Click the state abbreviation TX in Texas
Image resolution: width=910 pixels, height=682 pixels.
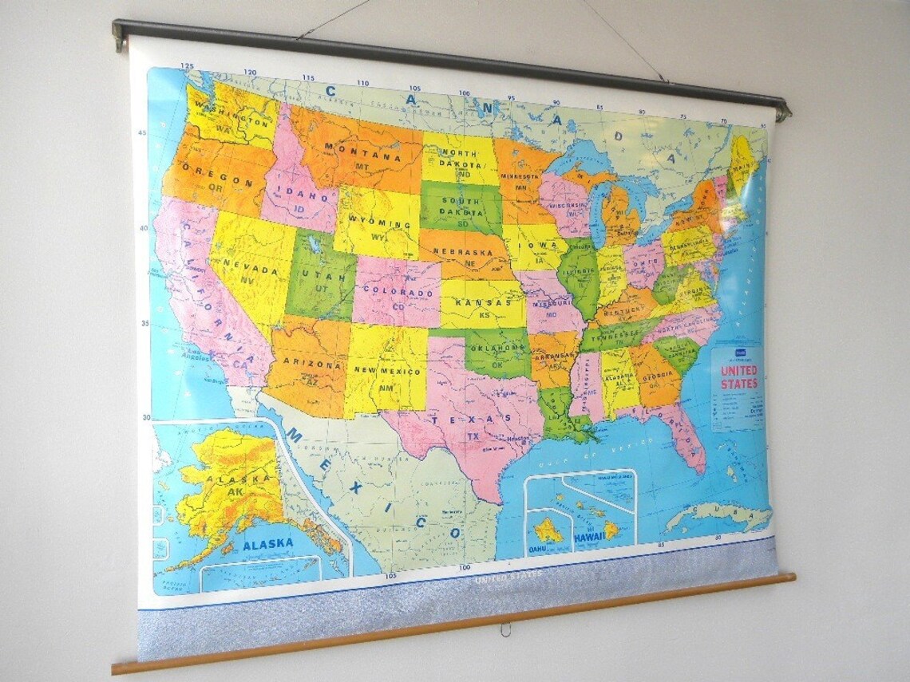473,436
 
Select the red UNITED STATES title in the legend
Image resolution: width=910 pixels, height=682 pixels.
739,377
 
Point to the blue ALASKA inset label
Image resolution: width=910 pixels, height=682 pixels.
268,544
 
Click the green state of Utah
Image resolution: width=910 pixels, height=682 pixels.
319,275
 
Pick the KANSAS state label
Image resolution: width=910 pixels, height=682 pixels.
482,304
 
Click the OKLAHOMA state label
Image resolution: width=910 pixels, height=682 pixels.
496,348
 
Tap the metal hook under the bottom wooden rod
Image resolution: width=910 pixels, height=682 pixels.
504,629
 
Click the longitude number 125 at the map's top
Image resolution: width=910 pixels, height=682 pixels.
187,66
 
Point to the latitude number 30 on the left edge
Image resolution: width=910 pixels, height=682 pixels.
146,417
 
